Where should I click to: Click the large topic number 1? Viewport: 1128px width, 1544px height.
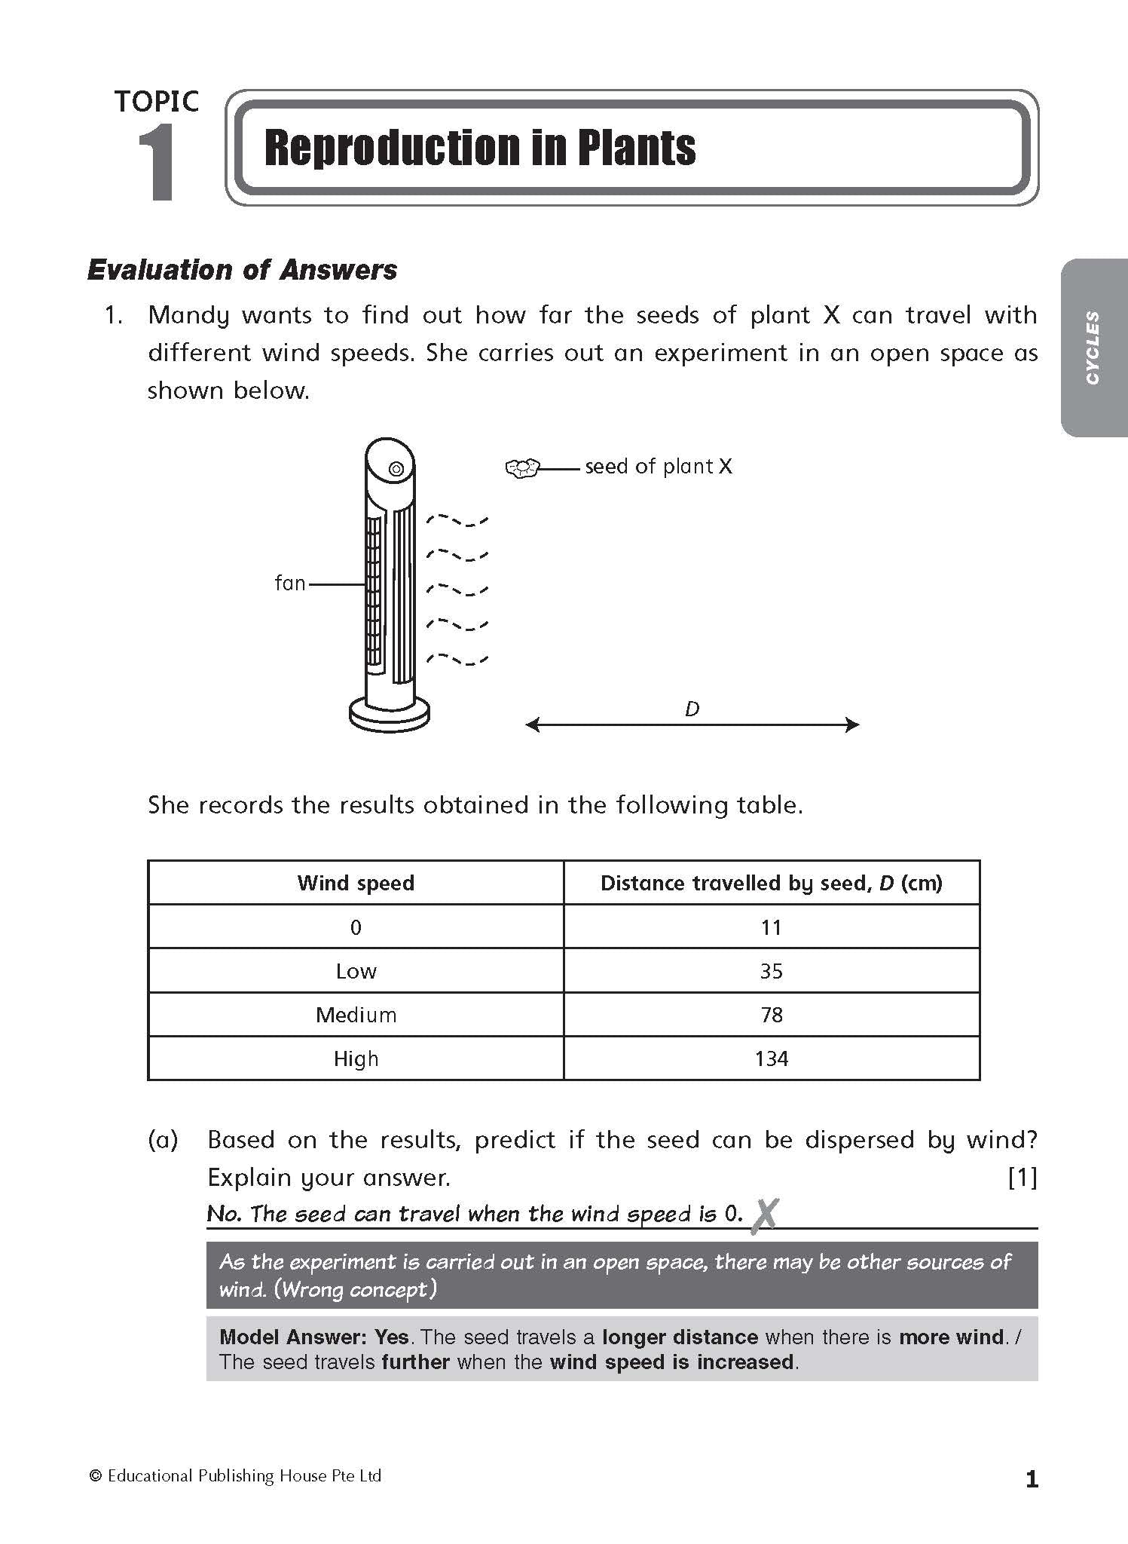pos(157,163)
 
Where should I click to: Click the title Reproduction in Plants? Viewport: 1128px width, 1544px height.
pos(480,148)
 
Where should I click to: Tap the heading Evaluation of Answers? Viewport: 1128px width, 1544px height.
pos(242,270)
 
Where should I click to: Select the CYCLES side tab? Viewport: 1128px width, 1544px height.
pos(1093,348)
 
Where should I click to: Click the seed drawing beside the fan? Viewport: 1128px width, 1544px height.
pos(522,468)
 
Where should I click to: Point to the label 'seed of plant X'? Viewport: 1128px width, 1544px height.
pos(658,467)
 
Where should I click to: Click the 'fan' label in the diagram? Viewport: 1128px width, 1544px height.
pos(290,583)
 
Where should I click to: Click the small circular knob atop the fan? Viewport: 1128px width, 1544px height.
pos(396,469)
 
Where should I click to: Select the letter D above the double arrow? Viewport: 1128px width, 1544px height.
pos(692,709)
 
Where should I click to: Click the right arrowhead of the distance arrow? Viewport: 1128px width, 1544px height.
pos(852,725)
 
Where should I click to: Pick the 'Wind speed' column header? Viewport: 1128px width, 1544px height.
pos(356,883)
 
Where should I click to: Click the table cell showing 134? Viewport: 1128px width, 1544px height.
pos(771,1058)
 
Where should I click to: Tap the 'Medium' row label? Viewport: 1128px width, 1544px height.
pos(356,1015)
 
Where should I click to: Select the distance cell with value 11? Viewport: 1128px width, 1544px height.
pos(771,927)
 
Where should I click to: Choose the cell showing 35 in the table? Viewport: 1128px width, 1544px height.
pos(771,971)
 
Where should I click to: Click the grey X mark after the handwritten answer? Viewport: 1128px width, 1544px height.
pos(764,1215)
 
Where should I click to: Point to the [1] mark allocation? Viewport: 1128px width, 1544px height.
pos(1022,1178)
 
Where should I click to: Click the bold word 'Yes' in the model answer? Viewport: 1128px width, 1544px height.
pos(391,1337)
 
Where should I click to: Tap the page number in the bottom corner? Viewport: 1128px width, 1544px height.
pos(1032,1480)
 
